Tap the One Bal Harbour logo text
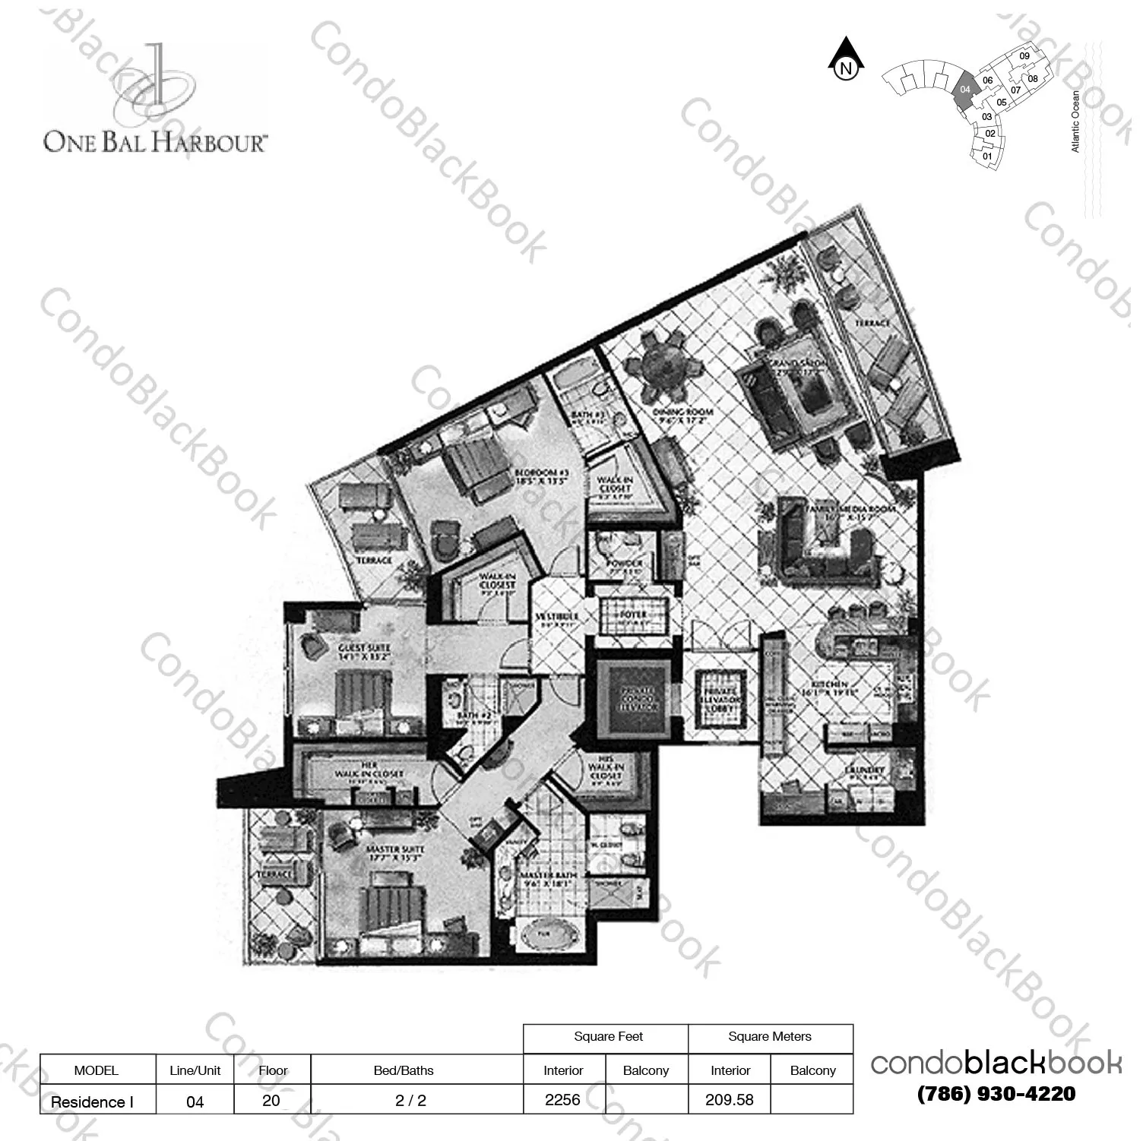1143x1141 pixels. pos(155,141)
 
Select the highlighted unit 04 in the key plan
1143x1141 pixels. pos(964,90)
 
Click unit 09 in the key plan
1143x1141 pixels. pos(1024,56)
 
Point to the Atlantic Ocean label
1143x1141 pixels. pos(1075,122)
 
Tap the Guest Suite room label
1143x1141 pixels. pos(364,652)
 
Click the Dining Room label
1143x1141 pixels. pos(682,416)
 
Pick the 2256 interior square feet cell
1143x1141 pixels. pos(562,1100)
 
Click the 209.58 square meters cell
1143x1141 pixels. pos(729,1100)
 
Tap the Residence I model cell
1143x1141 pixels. pos(92,1101)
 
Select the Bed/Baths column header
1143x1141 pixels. pos(404,1070)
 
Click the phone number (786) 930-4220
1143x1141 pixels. pos(996,1094)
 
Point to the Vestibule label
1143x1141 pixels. pos(557,617)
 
